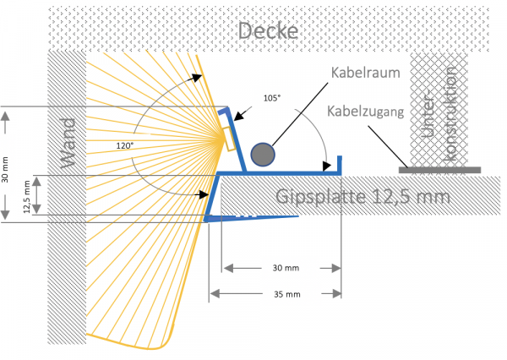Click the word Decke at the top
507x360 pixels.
pos(268,31)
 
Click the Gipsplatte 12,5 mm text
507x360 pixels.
pos(363,197)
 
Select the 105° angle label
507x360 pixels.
pos(271,98)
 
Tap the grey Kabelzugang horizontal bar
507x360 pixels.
pos(439,170)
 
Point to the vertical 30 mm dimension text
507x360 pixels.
pos(8,169)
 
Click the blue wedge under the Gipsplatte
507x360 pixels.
pos(245,219)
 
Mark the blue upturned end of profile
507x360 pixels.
pos(340,163)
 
